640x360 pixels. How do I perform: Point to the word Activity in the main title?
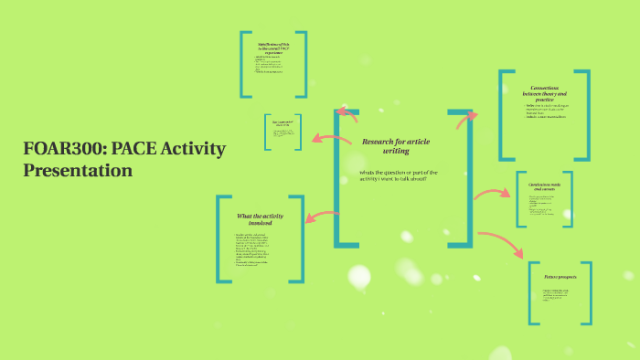[x=193, y=149]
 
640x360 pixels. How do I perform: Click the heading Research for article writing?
[x=395, y=146]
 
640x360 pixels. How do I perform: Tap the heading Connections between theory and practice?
[x=545, y=94]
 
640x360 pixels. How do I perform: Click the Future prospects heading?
[x=560, y=275]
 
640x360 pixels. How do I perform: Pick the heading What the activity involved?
[x=261, y=218]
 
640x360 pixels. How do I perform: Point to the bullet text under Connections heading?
[x=545, y=111]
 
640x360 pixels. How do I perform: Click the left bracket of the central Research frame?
[x=338, y=178]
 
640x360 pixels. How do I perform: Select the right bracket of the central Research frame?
[x=468, y=178]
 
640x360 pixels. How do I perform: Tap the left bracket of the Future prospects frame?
[x=531, y=292]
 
